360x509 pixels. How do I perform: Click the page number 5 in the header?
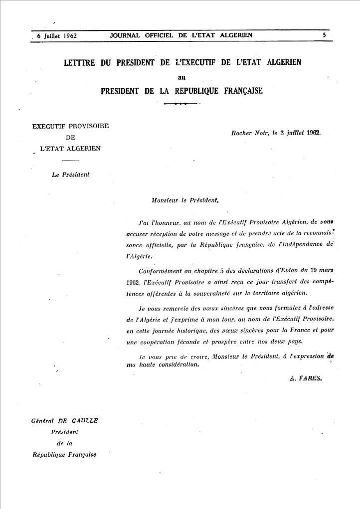324,35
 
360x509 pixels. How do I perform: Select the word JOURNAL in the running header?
127,35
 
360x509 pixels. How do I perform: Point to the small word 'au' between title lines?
182,77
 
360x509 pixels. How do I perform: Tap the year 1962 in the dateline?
313,133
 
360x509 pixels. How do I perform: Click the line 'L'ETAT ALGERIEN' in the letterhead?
70,148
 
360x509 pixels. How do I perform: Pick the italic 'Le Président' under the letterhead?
70,174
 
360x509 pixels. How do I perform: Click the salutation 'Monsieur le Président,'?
184,200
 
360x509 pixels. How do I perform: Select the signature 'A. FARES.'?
306,378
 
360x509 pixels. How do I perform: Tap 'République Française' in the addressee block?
64,455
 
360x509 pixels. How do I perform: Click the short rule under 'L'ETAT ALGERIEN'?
70,160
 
